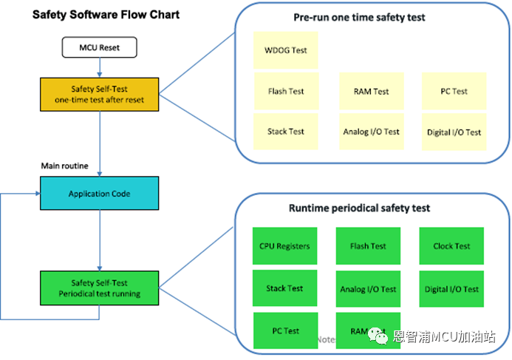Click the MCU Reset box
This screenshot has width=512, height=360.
[99, 48]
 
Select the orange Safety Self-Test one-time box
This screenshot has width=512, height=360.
[99, 94]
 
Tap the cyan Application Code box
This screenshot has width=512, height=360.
[99, 194]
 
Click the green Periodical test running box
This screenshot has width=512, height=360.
[99, 288]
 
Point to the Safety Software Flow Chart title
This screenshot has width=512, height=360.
[106, 14]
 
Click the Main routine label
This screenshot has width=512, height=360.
[64, 166]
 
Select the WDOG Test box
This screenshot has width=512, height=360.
[286, 51]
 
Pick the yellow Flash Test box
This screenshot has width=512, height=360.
[286, 92]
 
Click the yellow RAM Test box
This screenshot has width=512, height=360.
[371, 92]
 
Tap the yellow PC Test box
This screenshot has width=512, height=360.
[454, 92]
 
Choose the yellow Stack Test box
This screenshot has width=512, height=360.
[286, 132]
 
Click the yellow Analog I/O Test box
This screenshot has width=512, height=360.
[371, 132]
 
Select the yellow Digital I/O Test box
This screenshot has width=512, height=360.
[454, 132]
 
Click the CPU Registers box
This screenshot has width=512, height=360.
[284, 246]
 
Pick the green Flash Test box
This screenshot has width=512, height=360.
[368, 246]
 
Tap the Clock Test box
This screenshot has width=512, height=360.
[451, 246]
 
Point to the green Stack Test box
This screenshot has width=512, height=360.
[284, 288]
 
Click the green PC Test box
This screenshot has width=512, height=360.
[285, 330]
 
